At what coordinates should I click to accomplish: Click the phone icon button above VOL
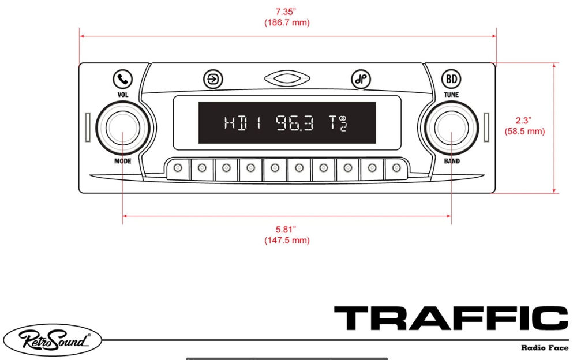click(122, 79)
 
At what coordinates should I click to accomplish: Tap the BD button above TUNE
click(451, 79)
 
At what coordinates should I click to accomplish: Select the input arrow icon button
click(213, 79)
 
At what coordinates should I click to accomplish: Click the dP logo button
click(361, 79)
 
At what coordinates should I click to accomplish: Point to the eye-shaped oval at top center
click(287, 78)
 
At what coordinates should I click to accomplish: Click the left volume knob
click(122, 128)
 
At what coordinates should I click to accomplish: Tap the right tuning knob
click(452, 128)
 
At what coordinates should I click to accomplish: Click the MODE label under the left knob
click(122, 161)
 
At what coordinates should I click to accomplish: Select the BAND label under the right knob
click(452, 161)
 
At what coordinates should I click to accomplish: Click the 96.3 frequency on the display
click(295, 123)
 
